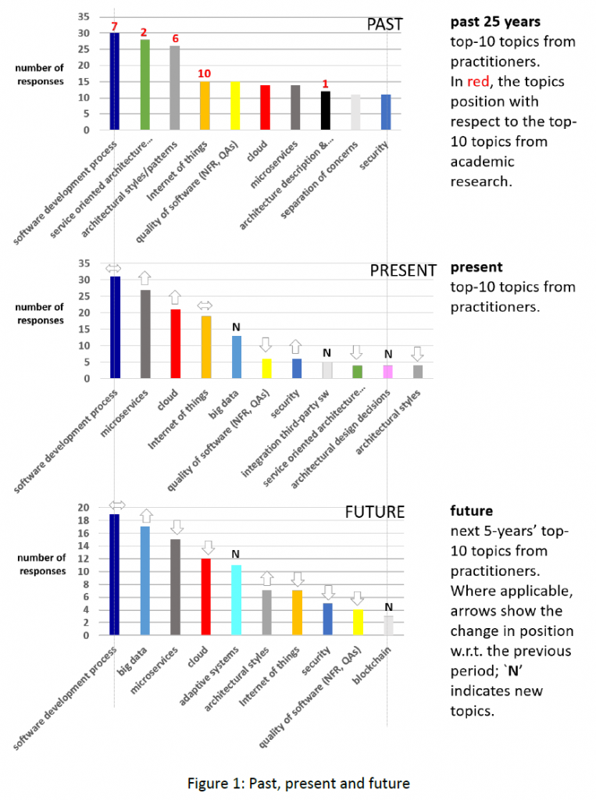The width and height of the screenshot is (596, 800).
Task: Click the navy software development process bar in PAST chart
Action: pyautogui.click(x=114, y=81)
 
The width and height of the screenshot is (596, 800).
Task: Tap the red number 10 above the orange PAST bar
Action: pyautogui.click(x=205, y=73)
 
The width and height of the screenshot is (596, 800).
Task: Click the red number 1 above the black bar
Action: pyautogui.click(x=326, y=84)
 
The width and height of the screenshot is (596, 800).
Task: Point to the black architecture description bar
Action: pyautogui.click(x=326, y=110)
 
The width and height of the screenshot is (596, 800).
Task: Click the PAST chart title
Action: pyautogui.click(x=384, y=24)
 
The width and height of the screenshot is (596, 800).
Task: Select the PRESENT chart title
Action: pyautogui.click(x=402, y=270)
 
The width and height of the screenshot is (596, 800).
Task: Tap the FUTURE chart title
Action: pyautogui.click(x=375, y=512)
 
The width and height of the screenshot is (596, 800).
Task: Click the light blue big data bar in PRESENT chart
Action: pyautogui.click(x=235, y=357)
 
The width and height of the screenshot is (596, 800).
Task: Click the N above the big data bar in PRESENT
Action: pyautogui.click(x=235, y=327)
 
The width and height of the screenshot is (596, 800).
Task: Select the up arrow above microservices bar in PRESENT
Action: pyautogui.click(x=145, y=277)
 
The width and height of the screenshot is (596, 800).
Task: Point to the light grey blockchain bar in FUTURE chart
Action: pyautogui.click(x=387, y=625)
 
